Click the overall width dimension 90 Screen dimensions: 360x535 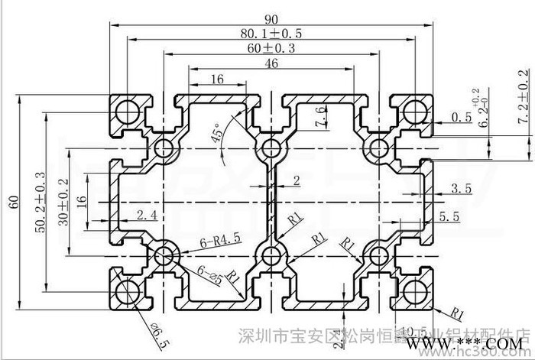click(x=272, y=17)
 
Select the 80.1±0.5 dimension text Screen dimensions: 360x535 click(x=272, y=34)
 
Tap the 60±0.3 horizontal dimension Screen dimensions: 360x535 click(x=272, y=48)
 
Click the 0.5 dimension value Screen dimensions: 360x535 click(x=460, y=118)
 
